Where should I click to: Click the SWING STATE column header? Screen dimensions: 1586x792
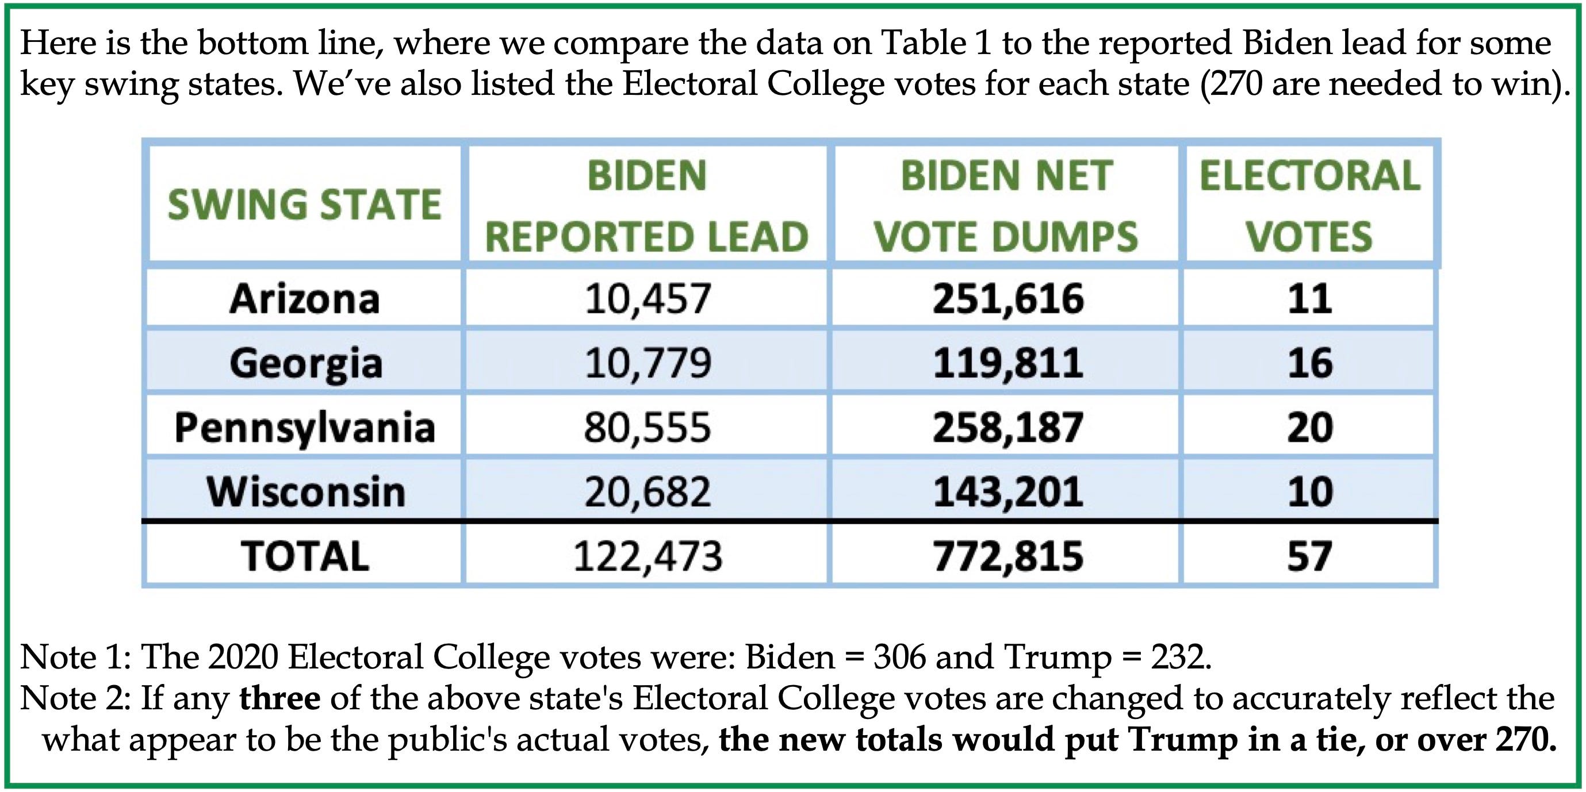(305, 205)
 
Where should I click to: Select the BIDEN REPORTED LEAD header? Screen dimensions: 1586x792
(646, 206)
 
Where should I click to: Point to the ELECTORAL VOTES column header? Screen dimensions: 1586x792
(1309, 206)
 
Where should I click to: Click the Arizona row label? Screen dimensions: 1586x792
(305, 299)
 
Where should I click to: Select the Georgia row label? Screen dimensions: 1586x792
(306, 363)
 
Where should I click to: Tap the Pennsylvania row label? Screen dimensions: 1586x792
(305, 428)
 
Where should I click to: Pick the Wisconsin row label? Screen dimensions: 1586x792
(306, 491)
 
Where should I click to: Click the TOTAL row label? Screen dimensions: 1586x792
(305, 556)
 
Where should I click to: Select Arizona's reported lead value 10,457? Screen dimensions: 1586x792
(648, 299)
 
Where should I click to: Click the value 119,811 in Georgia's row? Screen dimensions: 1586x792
(1008, 363)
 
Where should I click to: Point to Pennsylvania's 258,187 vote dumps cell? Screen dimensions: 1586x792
(1008, 428)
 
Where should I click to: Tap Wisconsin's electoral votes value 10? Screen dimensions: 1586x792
(1310, 491)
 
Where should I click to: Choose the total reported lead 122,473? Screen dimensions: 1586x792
(648, 556)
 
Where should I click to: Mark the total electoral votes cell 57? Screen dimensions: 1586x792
(1310, 556)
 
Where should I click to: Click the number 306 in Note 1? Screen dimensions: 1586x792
(899, 658)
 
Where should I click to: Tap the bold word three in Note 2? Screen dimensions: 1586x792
(279, 698)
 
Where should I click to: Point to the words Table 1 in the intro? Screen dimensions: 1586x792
(936, 43)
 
